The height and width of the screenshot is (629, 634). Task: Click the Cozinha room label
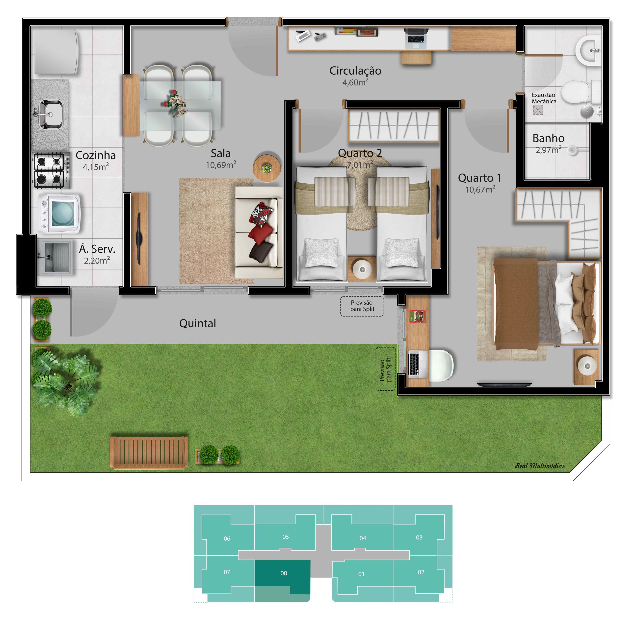pos(96,155)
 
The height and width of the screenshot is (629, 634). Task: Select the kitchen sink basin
pos(51,114)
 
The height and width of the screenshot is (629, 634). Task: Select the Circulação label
pos(355,71)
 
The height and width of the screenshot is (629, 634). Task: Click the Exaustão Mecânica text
pos(544,98)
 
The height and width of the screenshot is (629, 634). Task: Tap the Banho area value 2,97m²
pos(548,150)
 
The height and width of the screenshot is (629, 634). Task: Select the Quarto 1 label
pos(479,178)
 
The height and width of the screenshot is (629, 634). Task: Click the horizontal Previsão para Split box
pos(362,306)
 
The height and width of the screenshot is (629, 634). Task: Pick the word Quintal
pos(198,324)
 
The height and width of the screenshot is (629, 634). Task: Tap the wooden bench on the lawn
pos(149,453)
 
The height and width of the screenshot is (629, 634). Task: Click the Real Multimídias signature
pos(540,466)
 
